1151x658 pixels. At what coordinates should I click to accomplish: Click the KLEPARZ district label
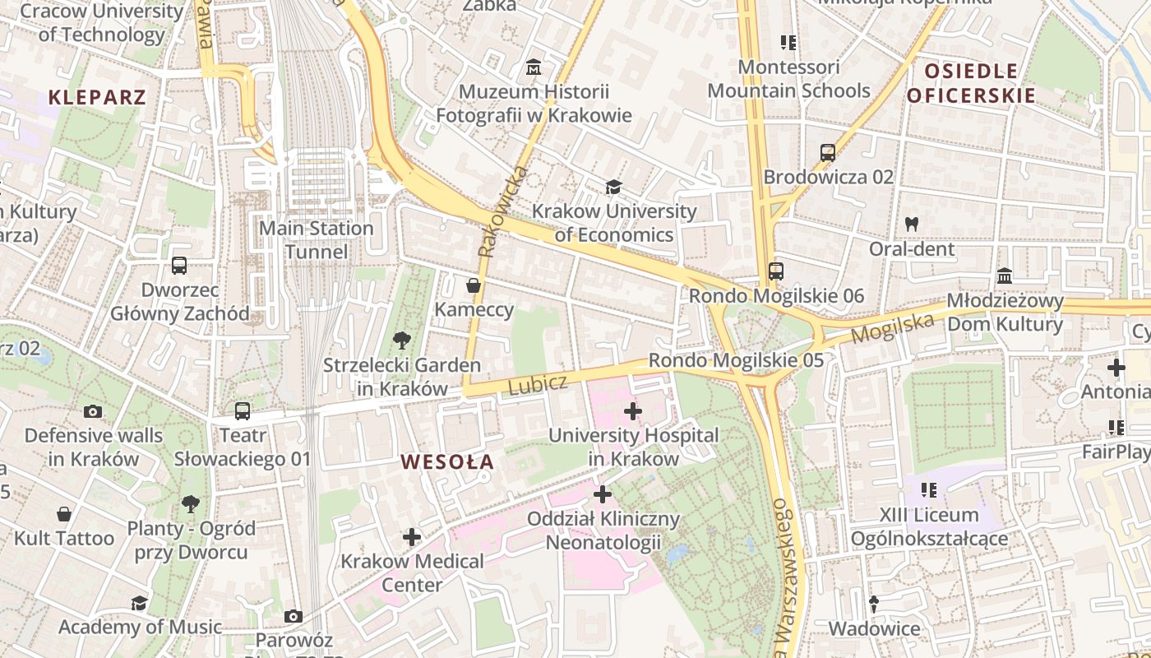pyautogui.click(x=97, y=97)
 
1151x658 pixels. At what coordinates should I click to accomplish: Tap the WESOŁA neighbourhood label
pyautogui.click(x=448, y=462)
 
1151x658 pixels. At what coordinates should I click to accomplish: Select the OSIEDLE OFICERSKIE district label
pyautogui.click(x=970, y=83)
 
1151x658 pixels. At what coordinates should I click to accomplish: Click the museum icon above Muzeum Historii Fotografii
pyautogui.click(x=534, y=67)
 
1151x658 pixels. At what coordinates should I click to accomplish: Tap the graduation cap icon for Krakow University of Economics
pyautogui.click(x=612, y=188)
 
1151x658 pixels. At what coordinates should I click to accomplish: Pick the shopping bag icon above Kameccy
pyautogui.click(x=474, y=285)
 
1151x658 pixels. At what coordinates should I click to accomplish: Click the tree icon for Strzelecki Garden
pyautogui.click(x=401, y=340)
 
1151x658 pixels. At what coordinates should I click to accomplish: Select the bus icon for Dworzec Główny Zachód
pyautogui.click(x=179, y=266)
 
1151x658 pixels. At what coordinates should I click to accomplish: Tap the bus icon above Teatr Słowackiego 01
pyautogui.click(x=242, y=410)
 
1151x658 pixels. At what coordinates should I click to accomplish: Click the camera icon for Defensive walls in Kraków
pyautogui.click(x=93, y=411)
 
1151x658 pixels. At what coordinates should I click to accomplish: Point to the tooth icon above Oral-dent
pyautogui.click(x=911, y=224)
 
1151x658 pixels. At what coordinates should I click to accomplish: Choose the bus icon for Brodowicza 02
pyautogui.click(x=827, y=153)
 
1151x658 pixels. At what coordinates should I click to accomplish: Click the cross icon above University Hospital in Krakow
pyautogui.click(x=633, y=410)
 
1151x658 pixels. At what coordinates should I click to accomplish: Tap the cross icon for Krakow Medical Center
pyautogui.click(x=412, y=537)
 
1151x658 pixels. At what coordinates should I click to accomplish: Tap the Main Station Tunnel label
pyautogui.click(x=317, y=239)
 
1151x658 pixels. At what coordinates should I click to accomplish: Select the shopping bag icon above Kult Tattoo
pyautogui.click(x=64, y=515)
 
